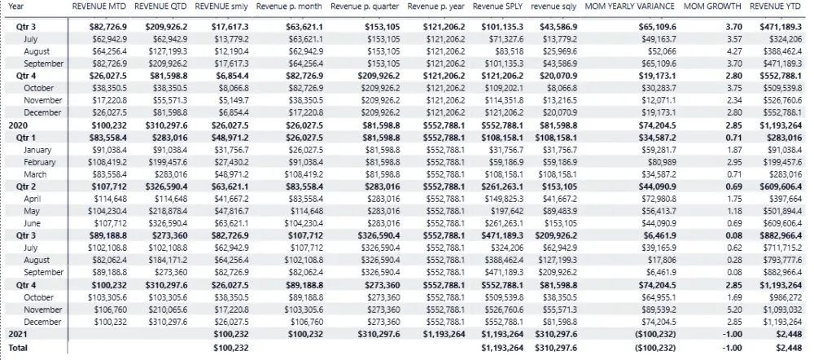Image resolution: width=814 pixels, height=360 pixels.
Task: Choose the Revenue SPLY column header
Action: coord(497,7)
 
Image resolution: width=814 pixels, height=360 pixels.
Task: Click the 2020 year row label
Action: coord(17,125)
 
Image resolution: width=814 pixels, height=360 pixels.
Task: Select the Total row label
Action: coord(18,348)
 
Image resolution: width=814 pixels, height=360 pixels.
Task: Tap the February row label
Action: coord(40,162)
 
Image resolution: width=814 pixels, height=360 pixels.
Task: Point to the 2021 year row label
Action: coord(17,334)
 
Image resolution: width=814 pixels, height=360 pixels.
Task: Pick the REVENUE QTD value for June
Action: coord(167,223)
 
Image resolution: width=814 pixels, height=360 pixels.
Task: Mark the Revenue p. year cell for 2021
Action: coord(444,334)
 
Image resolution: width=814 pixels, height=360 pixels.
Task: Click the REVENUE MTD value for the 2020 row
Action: coord(105,125)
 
